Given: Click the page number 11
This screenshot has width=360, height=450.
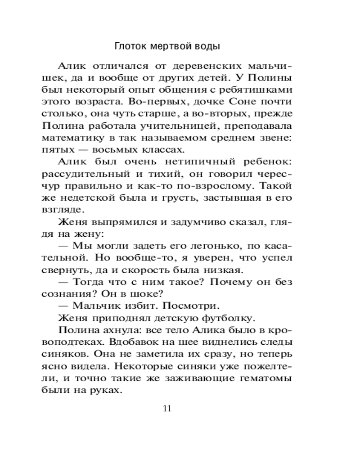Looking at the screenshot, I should (x=166, y=409).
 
